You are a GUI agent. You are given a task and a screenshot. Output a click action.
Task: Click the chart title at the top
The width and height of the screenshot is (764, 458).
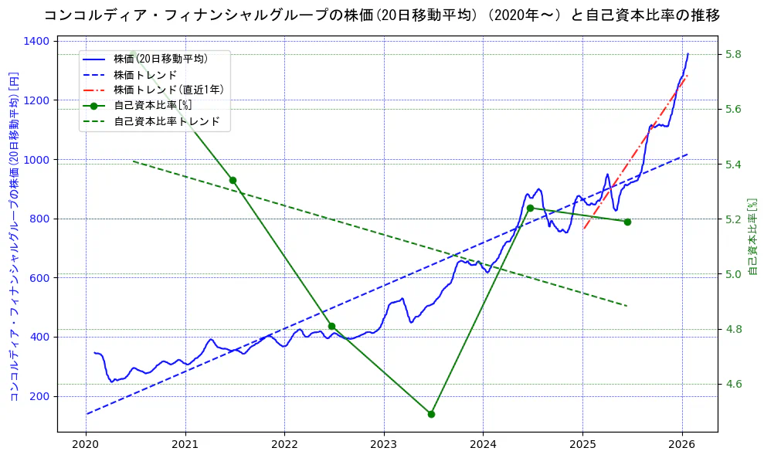tap(382, 15)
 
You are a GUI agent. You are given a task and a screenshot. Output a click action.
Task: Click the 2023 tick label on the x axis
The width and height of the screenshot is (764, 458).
tap(383, 445)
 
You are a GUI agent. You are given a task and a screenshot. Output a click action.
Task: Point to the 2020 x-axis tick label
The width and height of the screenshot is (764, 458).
tap(85, 445)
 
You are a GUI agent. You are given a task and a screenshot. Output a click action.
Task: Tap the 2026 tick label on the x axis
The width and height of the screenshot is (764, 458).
tap(681, 445)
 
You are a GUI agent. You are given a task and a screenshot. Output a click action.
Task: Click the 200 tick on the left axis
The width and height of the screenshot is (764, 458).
tap(42, 396)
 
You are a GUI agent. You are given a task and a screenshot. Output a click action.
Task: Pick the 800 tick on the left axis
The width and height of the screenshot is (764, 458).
tap(42, 219)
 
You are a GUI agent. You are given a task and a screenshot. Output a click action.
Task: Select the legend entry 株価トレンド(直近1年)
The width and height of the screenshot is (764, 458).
tap(168, 90)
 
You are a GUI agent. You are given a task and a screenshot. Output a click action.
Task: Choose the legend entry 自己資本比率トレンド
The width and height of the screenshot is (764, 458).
tap(167, 121)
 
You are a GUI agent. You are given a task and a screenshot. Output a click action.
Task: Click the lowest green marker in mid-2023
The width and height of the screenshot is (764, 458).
tap(431, 414)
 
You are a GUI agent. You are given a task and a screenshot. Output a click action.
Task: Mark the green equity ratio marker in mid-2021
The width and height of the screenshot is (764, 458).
tap(233, 180)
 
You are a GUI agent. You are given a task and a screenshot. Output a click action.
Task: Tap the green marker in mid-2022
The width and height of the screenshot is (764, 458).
tap(331, 326)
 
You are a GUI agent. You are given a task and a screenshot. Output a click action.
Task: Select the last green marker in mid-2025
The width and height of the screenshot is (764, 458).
tap(627, 222)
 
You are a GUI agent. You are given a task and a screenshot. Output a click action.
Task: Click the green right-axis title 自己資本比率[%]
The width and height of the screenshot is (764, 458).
tap(754, 236)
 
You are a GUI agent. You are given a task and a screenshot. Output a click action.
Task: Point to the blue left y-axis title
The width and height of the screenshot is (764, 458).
tap(13, 236)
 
